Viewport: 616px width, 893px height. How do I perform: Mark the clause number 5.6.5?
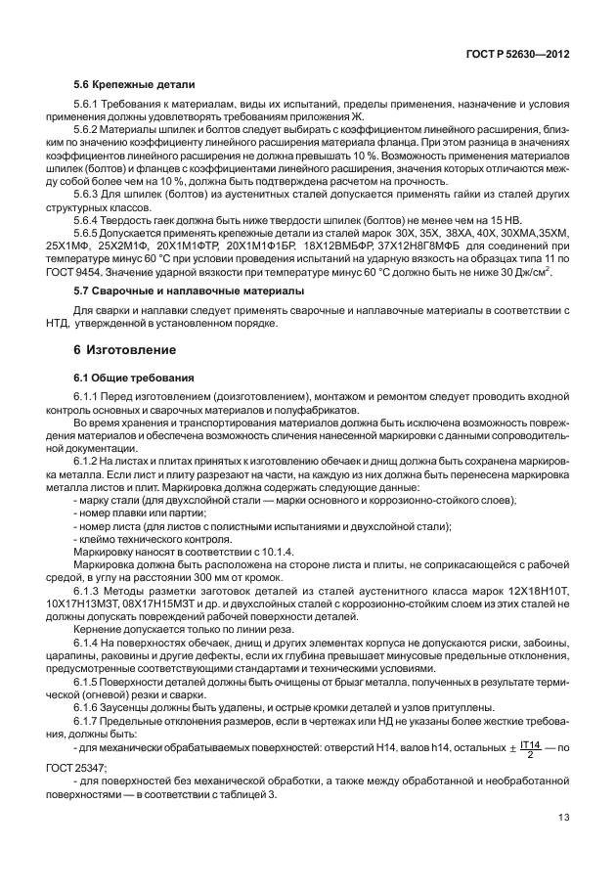coord(89,231)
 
